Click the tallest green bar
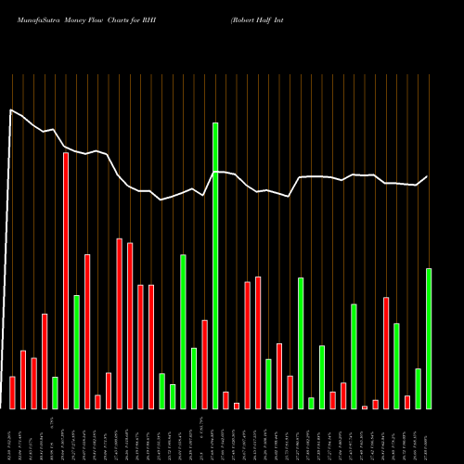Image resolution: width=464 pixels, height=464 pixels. [215, 265]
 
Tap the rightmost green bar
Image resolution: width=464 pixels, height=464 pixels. [429, 339]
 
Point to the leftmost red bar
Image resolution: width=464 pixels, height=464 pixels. [12, 393]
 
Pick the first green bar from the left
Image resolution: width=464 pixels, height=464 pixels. [55, 393]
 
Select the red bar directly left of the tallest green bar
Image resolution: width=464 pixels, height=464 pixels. [204, 364]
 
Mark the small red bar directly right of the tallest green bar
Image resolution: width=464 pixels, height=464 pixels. [226, 400]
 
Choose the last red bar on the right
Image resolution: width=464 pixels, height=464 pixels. [407, 402]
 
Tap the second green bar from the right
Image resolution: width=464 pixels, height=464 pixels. [418, 389]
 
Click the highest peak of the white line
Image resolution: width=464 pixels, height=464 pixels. [11, 110]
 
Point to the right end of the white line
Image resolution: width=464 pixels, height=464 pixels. [428, 176]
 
